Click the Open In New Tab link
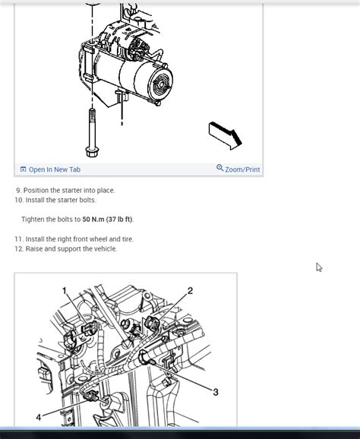click(x=55, y=169)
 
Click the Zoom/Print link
click(x=242, y=169)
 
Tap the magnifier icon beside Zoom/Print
click(x=220, y=169)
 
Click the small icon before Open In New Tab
click(x=24, y=169)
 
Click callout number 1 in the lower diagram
click(x=65, y=290)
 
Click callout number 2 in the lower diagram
click(x=190, y=291)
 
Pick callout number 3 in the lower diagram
click(x=216, y=392)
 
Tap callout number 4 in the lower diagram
click(x=38, y=417)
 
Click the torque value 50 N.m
click(x=96, y=219)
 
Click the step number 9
click(x=17, y=190)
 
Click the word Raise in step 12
click(x=35, y=249)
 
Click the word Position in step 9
click(x=38, y=190)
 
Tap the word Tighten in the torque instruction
click(x=34, y=219)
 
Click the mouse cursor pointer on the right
click(x=319, y=267)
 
